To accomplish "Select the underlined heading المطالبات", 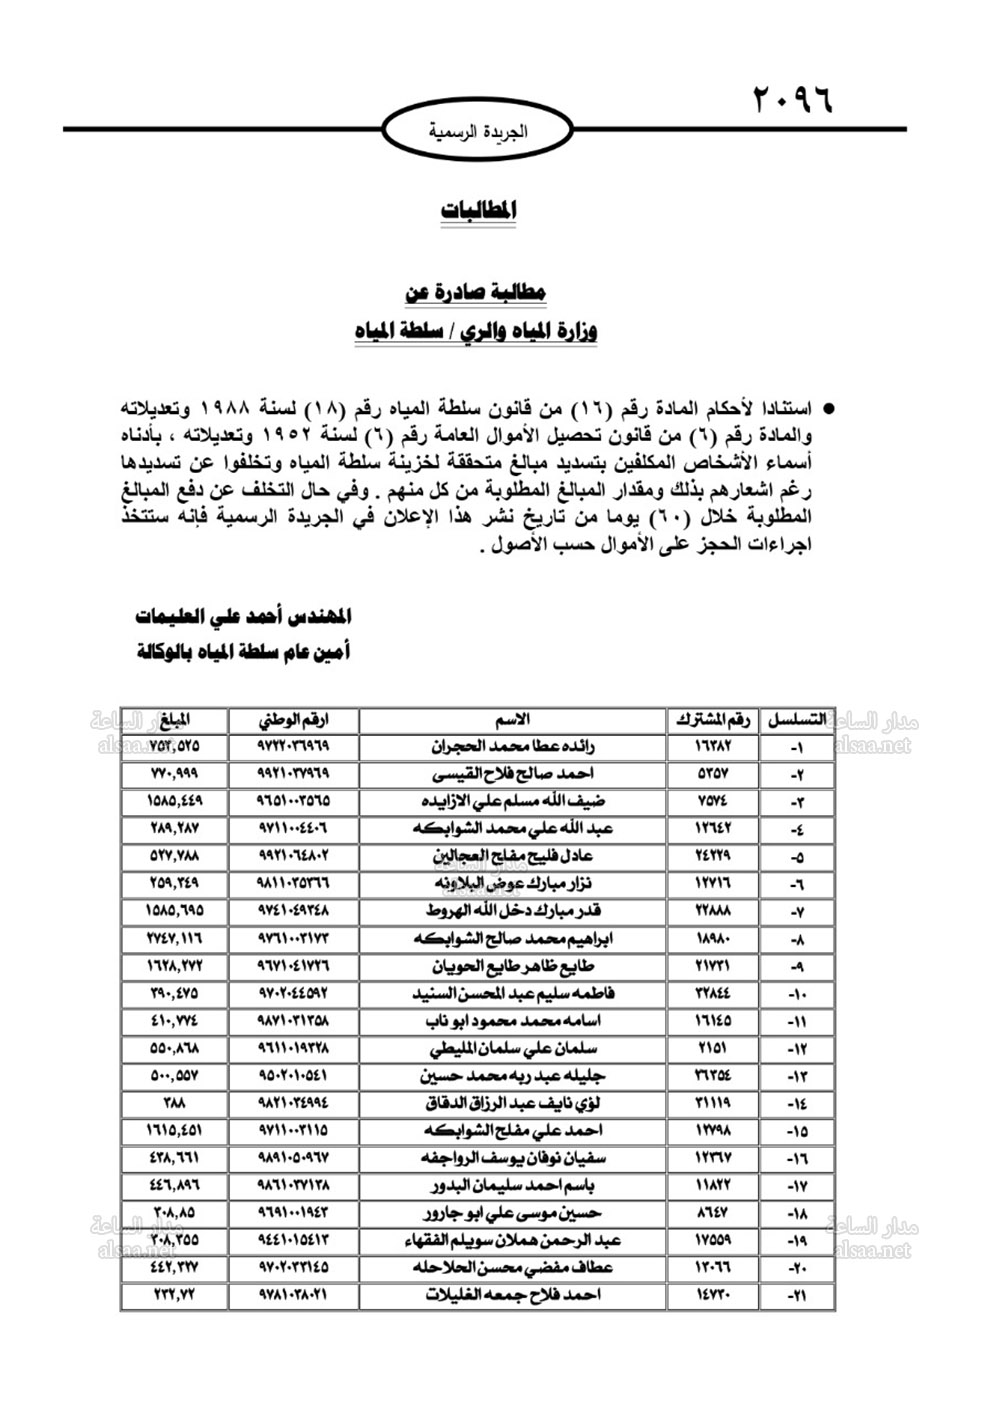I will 480,211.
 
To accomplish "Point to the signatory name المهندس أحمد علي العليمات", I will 244,616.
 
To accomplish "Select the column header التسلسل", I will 796,719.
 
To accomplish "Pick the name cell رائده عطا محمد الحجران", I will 513,746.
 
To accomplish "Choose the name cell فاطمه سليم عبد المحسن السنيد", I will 513,994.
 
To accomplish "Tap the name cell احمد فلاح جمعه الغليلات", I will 513,1295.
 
